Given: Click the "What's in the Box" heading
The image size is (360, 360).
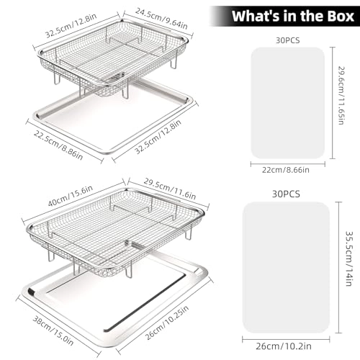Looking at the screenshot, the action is [293, 16].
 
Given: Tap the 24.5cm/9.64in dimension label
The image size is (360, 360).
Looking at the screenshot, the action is [161, 19].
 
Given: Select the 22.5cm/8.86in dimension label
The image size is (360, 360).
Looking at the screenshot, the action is [58, 145].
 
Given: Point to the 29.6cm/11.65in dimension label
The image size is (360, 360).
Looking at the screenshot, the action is [341, 95].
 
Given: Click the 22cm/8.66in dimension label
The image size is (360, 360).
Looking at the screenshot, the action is [286, 170].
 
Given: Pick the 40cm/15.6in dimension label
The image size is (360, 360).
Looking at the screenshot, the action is [71, 196].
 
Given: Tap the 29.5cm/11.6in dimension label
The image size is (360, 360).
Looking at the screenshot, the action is [170, 189].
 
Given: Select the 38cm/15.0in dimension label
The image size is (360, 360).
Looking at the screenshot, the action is [53, 330].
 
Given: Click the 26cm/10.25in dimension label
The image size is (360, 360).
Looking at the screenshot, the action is [167, 323].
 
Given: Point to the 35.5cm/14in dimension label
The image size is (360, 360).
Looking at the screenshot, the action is [349, 258].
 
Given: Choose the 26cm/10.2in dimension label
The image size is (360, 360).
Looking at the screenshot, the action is [284, 346].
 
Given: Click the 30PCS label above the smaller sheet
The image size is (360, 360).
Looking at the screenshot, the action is [288, 40].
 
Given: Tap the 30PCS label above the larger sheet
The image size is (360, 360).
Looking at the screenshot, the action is [286, 194].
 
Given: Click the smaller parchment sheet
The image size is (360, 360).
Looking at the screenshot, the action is [288, 103].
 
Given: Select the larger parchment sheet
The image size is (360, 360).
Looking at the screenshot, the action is [286, 267].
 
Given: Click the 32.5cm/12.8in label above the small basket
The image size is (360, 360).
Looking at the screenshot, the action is [71, 25].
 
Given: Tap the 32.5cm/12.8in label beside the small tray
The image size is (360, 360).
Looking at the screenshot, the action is [158, 138].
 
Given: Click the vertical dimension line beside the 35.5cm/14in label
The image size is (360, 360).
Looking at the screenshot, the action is [338, 267].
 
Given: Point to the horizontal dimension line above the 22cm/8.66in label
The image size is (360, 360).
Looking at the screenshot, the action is [288, 164].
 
